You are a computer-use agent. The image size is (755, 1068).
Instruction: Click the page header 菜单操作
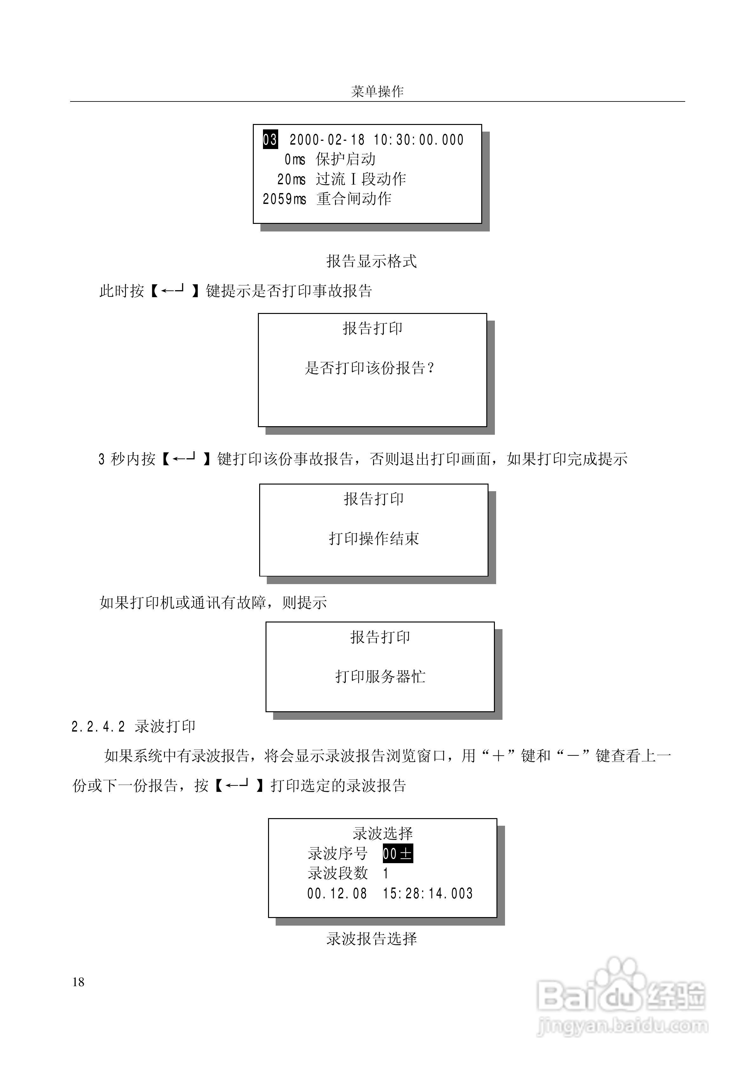coord(377,91)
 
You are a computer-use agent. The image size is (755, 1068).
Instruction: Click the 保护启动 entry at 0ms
coord(345,160)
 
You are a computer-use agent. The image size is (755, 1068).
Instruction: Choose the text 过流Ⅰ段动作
coord(361,179)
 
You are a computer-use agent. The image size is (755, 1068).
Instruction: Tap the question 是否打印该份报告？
coord(370,368)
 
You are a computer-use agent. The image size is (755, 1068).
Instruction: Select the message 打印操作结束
coord(374,539)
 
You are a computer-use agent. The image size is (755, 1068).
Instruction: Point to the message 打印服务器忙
coord(380,676)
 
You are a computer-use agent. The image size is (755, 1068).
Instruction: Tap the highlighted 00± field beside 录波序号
coord(397,854)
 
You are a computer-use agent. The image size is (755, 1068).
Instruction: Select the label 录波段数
coord(338,873)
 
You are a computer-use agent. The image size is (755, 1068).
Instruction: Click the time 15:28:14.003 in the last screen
coord(427,893)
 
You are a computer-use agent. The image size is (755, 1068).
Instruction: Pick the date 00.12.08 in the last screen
coord(337,893)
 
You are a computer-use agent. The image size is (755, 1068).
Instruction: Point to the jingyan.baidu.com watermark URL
coord(622,1025)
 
